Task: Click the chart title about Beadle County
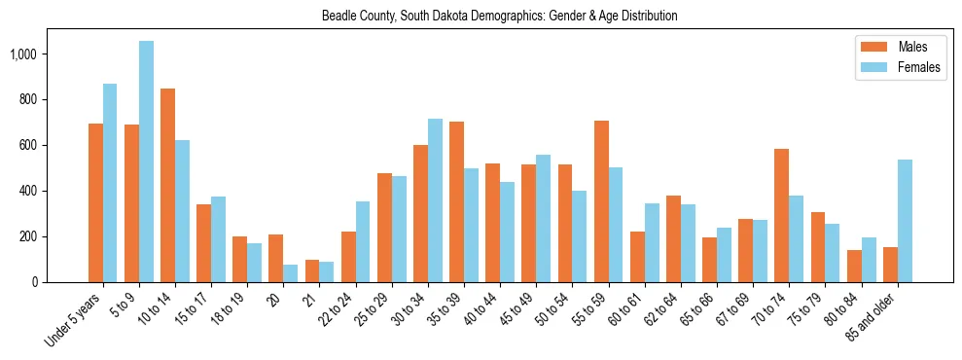coord(500,16)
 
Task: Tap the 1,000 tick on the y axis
coord(36,54)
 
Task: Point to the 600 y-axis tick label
coord(42,145)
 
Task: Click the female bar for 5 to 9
coord(146,162)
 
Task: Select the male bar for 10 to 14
coord(167,185)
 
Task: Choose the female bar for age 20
coord(290,273)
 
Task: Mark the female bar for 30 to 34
coord(435,200)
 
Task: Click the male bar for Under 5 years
coord(95,202)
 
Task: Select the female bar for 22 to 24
coord(363,241)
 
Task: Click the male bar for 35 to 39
coord(456,201)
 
